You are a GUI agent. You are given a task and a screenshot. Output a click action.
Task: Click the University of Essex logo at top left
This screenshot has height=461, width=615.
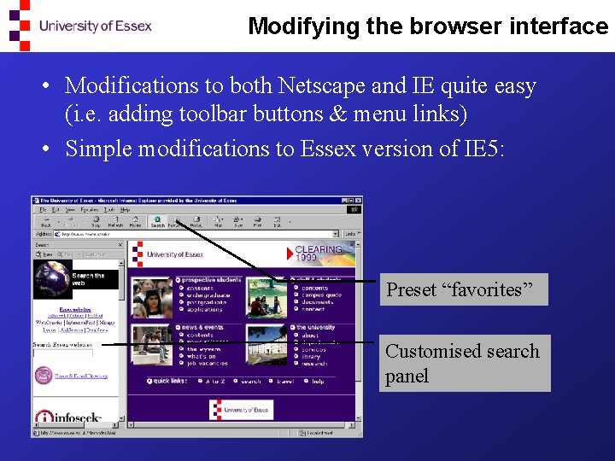pyautogui.click(x=80, y=26)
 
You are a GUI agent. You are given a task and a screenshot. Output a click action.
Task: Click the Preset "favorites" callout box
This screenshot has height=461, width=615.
pyautogui.click(x=463, y=290)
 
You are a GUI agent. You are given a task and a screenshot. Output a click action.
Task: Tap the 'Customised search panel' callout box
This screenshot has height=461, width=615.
pyautogui.click(x=464, y=363)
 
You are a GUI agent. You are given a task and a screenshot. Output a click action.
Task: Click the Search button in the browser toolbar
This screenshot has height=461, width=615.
pyautogui.click(x=157, y=221)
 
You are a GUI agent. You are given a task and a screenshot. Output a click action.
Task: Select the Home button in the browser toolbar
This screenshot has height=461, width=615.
pyautogui.click(x=135, y=221)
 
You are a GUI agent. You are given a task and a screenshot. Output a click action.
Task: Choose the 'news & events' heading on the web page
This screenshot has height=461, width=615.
pyautogui.click(x=202, y=327)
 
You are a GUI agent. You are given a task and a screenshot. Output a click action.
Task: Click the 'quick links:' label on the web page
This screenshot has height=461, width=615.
pyautogui.click(x=168, y=381)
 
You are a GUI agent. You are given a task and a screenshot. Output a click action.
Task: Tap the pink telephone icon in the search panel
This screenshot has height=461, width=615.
pyautogui.click(x=39, y=374)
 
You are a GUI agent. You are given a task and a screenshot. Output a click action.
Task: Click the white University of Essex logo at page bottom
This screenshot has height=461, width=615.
pyautogui.click(x=242, y=410)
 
